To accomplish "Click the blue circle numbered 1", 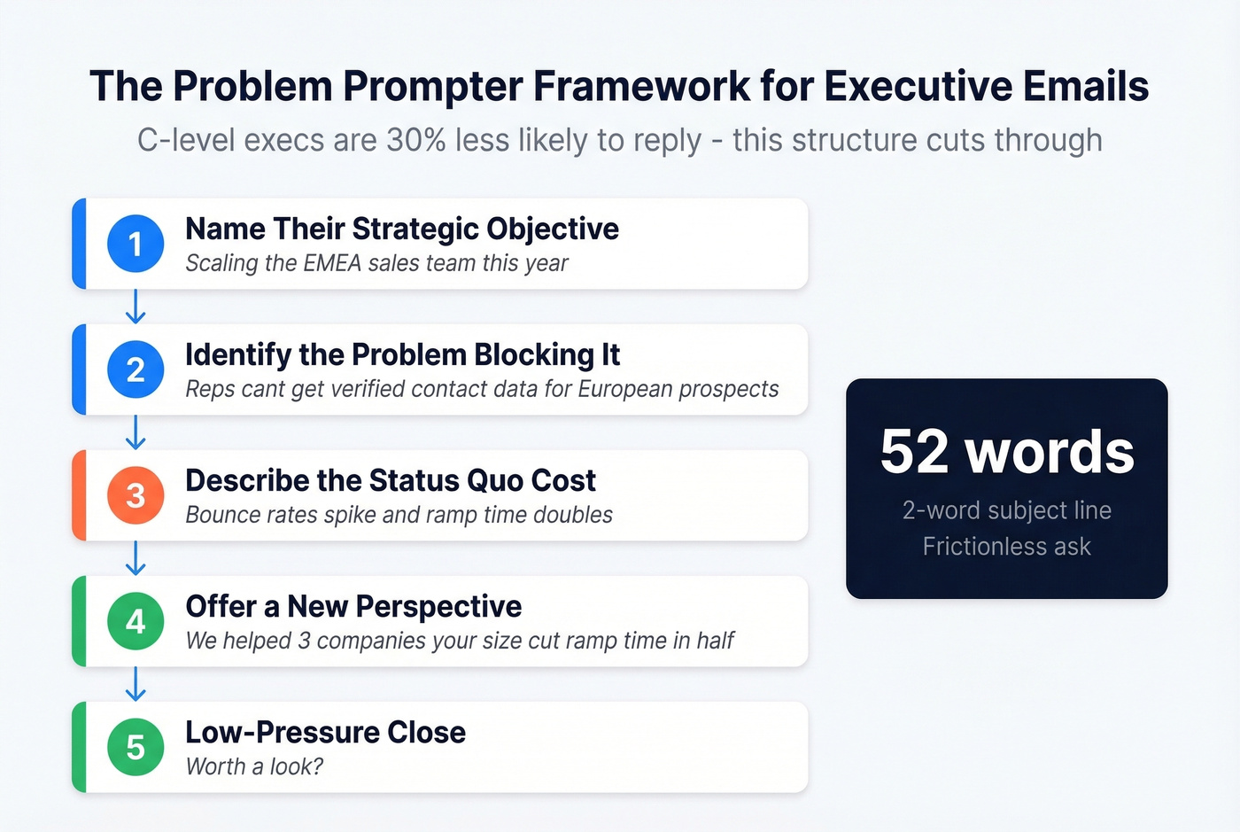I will click(136, 244).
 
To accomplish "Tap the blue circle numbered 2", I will click(136, 369).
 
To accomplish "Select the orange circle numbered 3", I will click(136, 495).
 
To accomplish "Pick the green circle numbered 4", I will click(136, 621).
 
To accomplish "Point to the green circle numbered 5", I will click(136, 747).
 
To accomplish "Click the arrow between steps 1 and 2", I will click(136, 307).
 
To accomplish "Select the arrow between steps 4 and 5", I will click(136, 684).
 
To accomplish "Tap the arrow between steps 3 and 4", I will click(136, 558).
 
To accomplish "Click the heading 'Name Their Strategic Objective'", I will click(402, 229).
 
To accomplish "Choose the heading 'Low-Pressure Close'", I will click(325, 732).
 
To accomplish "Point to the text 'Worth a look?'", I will click(254, 766).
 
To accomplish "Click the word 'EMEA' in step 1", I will click(332, 263).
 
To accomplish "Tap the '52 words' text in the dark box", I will click(1007, 452).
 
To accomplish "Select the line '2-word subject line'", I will click(1007, 510).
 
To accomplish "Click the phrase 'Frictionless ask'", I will click(1007, 547).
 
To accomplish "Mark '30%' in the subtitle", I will click(416, 140).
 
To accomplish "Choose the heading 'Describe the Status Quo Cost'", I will click(391, 480).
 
